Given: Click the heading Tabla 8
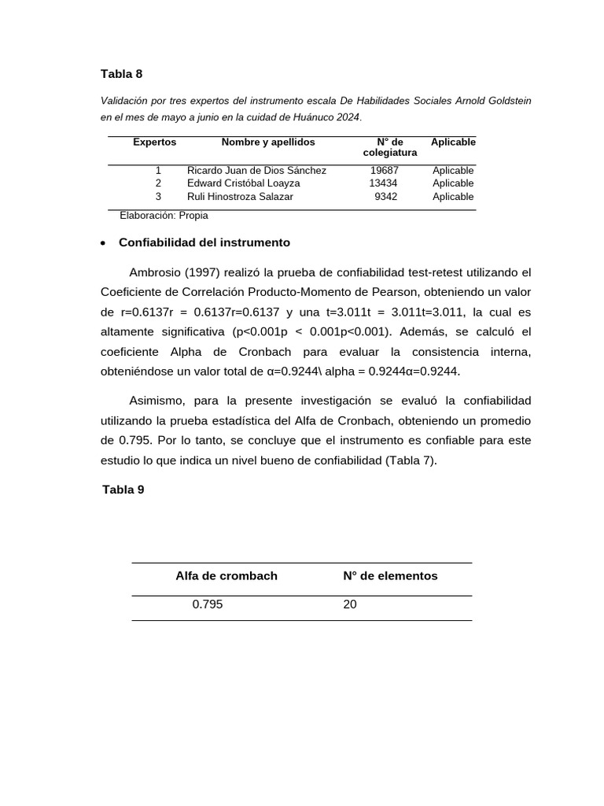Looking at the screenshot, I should [x=122, y=74].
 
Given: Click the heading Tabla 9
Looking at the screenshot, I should [x=123, y=490].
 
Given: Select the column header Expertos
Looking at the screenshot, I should [x=155, y=142].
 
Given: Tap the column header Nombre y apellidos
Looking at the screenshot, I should [x=268, y=142].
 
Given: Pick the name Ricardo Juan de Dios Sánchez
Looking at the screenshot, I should [x=256, y=171].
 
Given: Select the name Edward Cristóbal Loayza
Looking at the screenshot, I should [x=243, y=183].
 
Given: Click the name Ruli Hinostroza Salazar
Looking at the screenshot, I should [x=240, y=197].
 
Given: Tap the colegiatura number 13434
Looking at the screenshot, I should [x=383, y=183].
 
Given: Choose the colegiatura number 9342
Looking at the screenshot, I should [x=385, y=197].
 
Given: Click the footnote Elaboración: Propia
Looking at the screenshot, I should [x=164, y=215].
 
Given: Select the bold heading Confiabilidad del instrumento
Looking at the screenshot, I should [x=204, y=242].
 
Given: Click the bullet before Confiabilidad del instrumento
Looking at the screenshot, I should [x=104, y=243].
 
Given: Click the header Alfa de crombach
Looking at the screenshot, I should [x=226, y=576].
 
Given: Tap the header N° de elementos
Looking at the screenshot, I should [x=390, y=576].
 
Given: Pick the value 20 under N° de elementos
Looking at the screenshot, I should [x=350, y=605].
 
